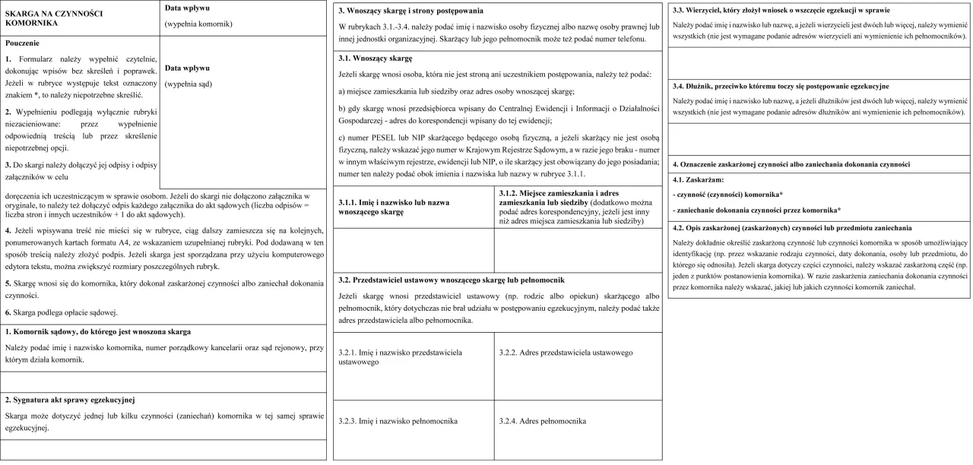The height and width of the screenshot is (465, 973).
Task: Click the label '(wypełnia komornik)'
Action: tap(198, 24)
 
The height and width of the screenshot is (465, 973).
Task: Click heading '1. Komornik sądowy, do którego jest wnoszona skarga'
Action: tap(97, 331)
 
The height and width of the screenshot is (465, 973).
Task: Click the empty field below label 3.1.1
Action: tap(414, 249)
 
